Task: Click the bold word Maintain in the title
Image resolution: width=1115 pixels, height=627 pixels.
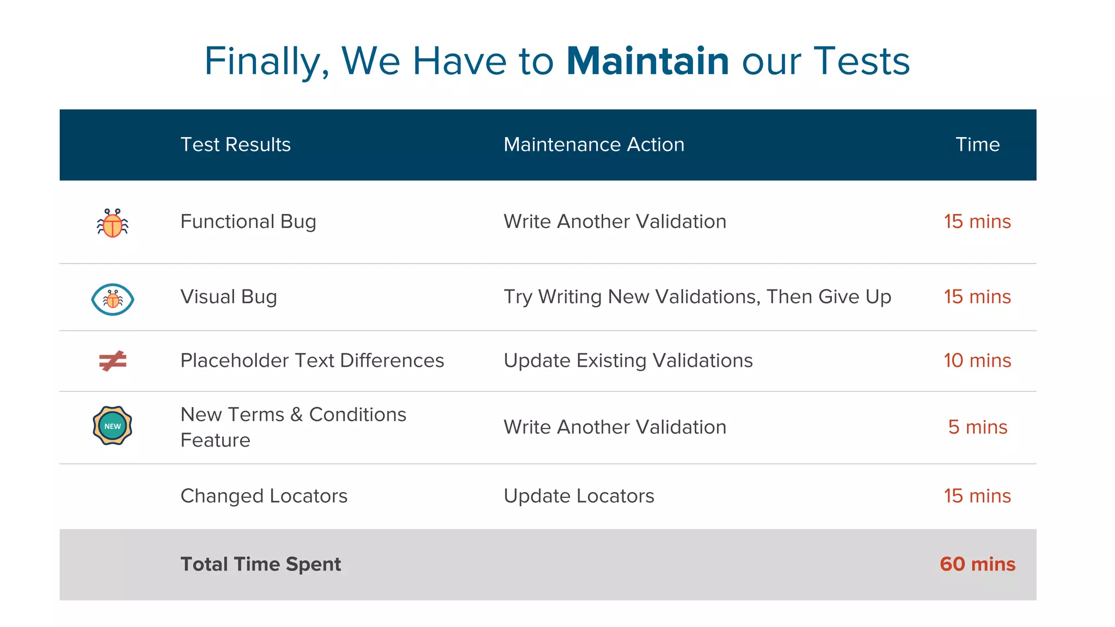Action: coord(647,61)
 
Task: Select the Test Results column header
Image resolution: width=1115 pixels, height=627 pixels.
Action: coord(235,145)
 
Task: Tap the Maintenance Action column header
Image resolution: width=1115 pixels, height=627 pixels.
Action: coord(593,145)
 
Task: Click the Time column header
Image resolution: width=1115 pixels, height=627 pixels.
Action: coord(977,145)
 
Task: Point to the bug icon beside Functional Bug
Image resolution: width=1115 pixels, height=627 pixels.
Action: coord(113,223)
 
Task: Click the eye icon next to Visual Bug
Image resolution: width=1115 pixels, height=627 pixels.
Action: coord(113,299)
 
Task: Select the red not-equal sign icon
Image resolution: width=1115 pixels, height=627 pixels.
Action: coord(113,361)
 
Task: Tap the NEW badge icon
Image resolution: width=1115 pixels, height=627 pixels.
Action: coord(113,426)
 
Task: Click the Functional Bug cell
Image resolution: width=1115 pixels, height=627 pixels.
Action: coord(248,222)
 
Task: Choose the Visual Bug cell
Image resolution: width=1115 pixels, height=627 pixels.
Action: coord(229,297)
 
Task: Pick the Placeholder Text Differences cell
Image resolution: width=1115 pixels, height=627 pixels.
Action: coord(312,361)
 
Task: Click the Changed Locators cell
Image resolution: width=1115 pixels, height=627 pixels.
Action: coord(264,496)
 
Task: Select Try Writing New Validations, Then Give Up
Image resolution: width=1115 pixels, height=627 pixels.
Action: coord(697,297)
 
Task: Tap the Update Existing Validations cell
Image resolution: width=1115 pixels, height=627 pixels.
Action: coord(628,361)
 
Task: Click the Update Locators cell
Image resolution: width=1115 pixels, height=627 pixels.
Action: coord(579,496)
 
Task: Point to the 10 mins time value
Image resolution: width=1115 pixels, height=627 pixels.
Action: coord(977,361)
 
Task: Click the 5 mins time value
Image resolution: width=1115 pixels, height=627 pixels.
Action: coord(977,427)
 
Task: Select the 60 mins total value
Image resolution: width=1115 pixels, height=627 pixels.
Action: coord(977,564)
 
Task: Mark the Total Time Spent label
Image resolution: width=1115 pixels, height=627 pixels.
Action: coord(260,564)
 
